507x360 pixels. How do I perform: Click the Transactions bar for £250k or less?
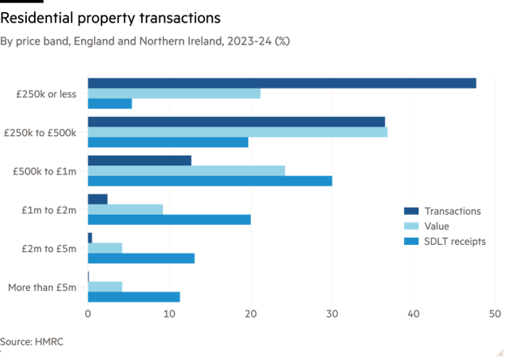[281, 83]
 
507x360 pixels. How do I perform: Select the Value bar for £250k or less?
[174, 93]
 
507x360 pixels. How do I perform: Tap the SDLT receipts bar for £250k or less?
[110, 104]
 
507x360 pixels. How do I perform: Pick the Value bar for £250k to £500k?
[237, 132]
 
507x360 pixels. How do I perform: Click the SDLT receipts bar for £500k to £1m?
[209, 181]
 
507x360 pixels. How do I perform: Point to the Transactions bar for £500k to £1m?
[140, 160]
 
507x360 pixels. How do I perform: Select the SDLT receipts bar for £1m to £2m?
[169, 219]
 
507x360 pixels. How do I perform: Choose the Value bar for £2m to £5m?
[105, 247]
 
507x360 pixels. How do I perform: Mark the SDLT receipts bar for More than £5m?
[134, 297]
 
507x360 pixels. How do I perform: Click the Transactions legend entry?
[452, 211]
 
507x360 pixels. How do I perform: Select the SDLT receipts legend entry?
[453, 242]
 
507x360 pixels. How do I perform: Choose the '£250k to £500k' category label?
[40, 132]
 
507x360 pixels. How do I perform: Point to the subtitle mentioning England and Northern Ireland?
[145, 40]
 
